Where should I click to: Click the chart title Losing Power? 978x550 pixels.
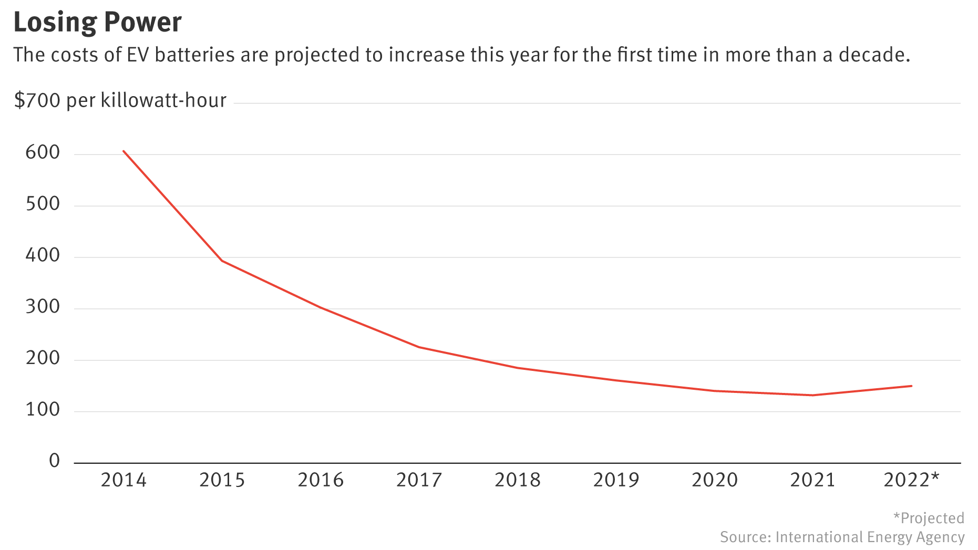[x=97, y=22]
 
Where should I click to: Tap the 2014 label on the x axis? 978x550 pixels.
[x=123, y=480]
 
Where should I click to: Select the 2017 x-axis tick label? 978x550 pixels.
[x=419, y=480]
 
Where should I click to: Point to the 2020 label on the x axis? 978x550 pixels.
[x=714, y=480]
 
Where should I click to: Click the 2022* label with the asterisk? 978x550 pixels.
[x=911, y=480]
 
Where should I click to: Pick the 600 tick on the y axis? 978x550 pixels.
[x=43, y=153]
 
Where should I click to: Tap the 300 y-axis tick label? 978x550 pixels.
[x=43, y=307]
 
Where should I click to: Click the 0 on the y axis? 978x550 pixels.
[x=54, y=461]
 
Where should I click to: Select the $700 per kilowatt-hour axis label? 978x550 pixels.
[x=120, y=100]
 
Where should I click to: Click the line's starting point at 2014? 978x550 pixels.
[x=123, y=151]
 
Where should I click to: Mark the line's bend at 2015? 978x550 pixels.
[x=222, y=261]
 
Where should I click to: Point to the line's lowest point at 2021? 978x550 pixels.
[x=812, y=395]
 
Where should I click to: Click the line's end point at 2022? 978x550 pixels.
[x=911, y=386]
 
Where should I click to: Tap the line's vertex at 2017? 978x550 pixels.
[x=419, y=347]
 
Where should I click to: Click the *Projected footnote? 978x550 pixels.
[x=929, y=518]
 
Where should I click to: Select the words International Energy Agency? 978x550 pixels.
[x=870, y=537]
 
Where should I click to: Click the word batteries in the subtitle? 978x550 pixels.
[x=194, y=55]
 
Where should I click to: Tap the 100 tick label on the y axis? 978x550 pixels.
[x=43, y=410]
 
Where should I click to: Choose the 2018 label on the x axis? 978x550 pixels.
[x=517, y=480]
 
